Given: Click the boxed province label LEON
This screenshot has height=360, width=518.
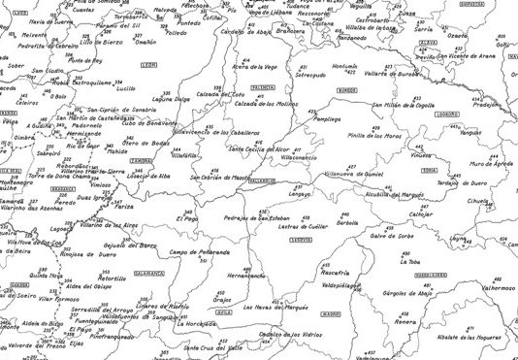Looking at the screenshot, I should [148, 65].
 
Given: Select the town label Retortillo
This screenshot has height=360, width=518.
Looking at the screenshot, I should [113, 278].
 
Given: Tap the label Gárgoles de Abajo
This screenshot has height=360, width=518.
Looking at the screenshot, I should [406, 292].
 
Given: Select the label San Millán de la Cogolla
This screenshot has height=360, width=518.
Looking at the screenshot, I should [397, 104].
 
